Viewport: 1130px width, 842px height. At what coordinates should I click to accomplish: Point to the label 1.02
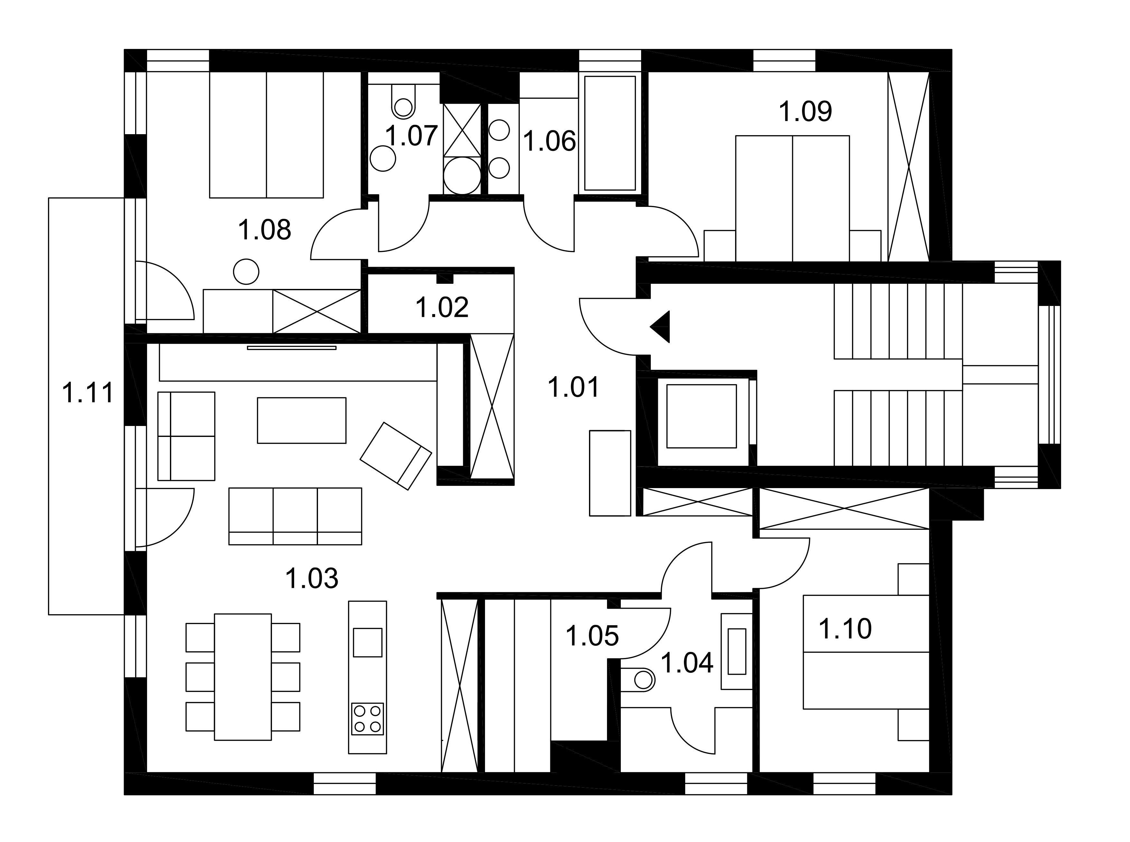point(442,307)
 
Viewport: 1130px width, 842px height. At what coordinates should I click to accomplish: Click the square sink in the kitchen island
point(368,642)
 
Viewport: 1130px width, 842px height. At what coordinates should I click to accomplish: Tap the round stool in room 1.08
point(246,272)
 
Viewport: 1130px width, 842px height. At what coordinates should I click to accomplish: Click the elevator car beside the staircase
point(701,416)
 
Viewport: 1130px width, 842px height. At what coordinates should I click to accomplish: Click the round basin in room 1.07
point(383,159)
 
